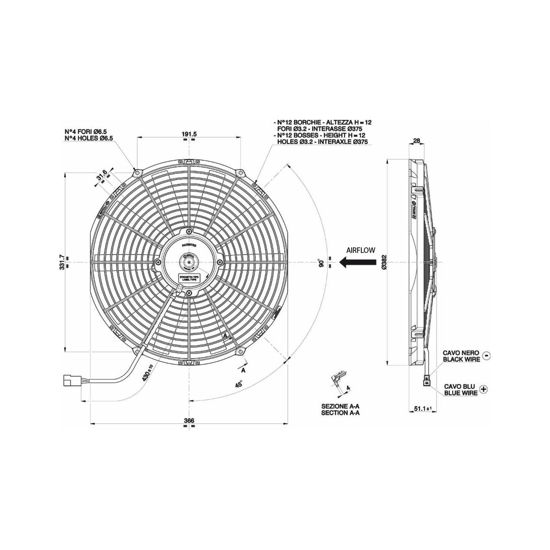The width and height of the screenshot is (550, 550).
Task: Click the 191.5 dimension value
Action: tap(189, 134)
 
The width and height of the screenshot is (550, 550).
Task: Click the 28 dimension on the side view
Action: tap(416, 141)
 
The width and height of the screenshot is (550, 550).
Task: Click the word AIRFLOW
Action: tap(360, 250)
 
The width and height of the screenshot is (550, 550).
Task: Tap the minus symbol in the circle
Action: tap(486, 356)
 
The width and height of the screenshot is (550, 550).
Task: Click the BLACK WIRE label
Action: tap(461, 359)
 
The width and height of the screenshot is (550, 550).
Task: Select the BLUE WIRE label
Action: tap(461, 392)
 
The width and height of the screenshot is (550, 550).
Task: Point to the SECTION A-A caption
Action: tap(340, 412)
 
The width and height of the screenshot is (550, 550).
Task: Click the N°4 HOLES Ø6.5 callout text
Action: tap(89, 139)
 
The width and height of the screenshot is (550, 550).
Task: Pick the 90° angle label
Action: tap(322, 263)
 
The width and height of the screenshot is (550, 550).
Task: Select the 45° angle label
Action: tap(239, 384)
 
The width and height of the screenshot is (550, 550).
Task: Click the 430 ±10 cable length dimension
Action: tap(147, 373)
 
